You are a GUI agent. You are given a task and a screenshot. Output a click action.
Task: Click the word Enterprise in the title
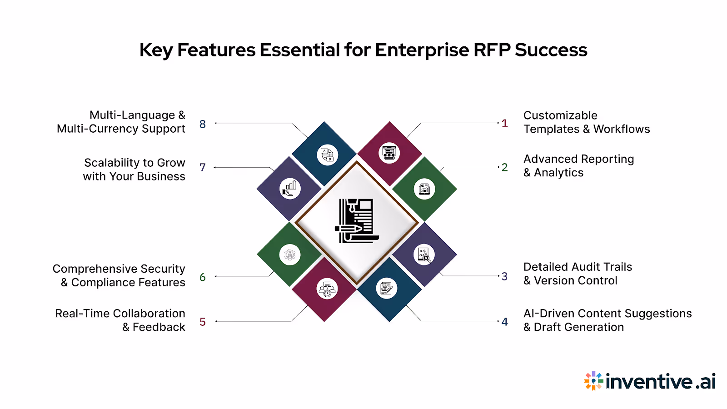pos(421,50)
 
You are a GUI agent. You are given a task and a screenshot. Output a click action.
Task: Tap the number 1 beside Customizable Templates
pos(504,123)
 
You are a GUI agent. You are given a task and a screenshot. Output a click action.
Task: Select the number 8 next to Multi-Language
pos(203,124)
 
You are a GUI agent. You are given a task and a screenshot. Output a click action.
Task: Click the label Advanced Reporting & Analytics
pos(578,166)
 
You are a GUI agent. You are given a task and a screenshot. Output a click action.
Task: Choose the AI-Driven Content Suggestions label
pos(607,320)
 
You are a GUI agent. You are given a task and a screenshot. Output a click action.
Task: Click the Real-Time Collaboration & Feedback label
pos(120,320)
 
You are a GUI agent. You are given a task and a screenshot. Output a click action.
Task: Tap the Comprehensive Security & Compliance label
pos(119,275)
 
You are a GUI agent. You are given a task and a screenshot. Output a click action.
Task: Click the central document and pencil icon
pos(357,221)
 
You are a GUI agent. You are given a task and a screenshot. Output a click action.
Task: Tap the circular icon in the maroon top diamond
pos(389,153)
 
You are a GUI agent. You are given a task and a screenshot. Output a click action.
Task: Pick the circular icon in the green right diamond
pos(424,189)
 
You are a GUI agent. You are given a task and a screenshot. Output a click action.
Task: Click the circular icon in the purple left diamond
pos(290,188)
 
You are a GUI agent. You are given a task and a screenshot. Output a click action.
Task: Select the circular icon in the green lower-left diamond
pos(290,255)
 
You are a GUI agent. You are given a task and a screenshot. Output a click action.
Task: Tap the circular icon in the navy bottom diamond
pos(386,289)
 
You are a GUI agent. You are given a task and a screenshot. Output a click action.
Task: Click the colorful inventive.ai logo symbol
pos(593,381)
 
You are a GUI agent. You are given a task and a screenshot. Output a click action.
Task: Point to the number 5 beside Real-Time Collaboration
pos(203,322)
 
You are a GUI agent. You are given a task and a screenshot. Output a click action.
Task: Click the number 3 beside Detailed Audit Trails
pos(504,276)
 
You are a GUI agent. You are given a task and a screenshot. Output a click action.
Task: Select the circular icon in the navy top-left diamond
pos(327,155)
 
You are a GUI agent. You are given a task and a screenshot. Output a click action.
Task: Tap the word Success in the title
pos(551,50)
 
